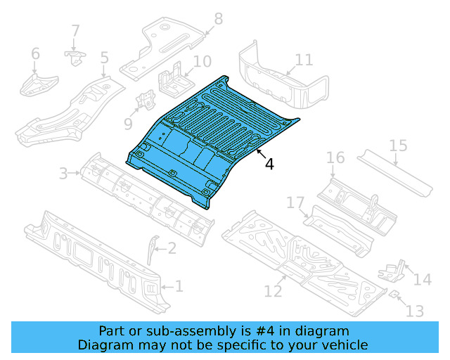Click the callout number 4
(270, 164)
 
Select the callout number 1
(179, 286)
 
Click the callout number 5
(104, 58)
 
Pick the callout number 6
(35, 53)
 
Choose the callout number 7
(75, 32)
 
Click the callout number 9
(128, 124)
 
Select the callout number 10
(202, 62)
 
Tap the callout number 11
(304, 59)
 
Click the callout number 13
(415, 309)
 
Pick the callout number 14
(422, 280)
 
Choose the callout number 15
(398, 146)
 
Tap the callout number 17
(295, 203)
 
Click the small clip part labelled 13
(395, 294)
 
